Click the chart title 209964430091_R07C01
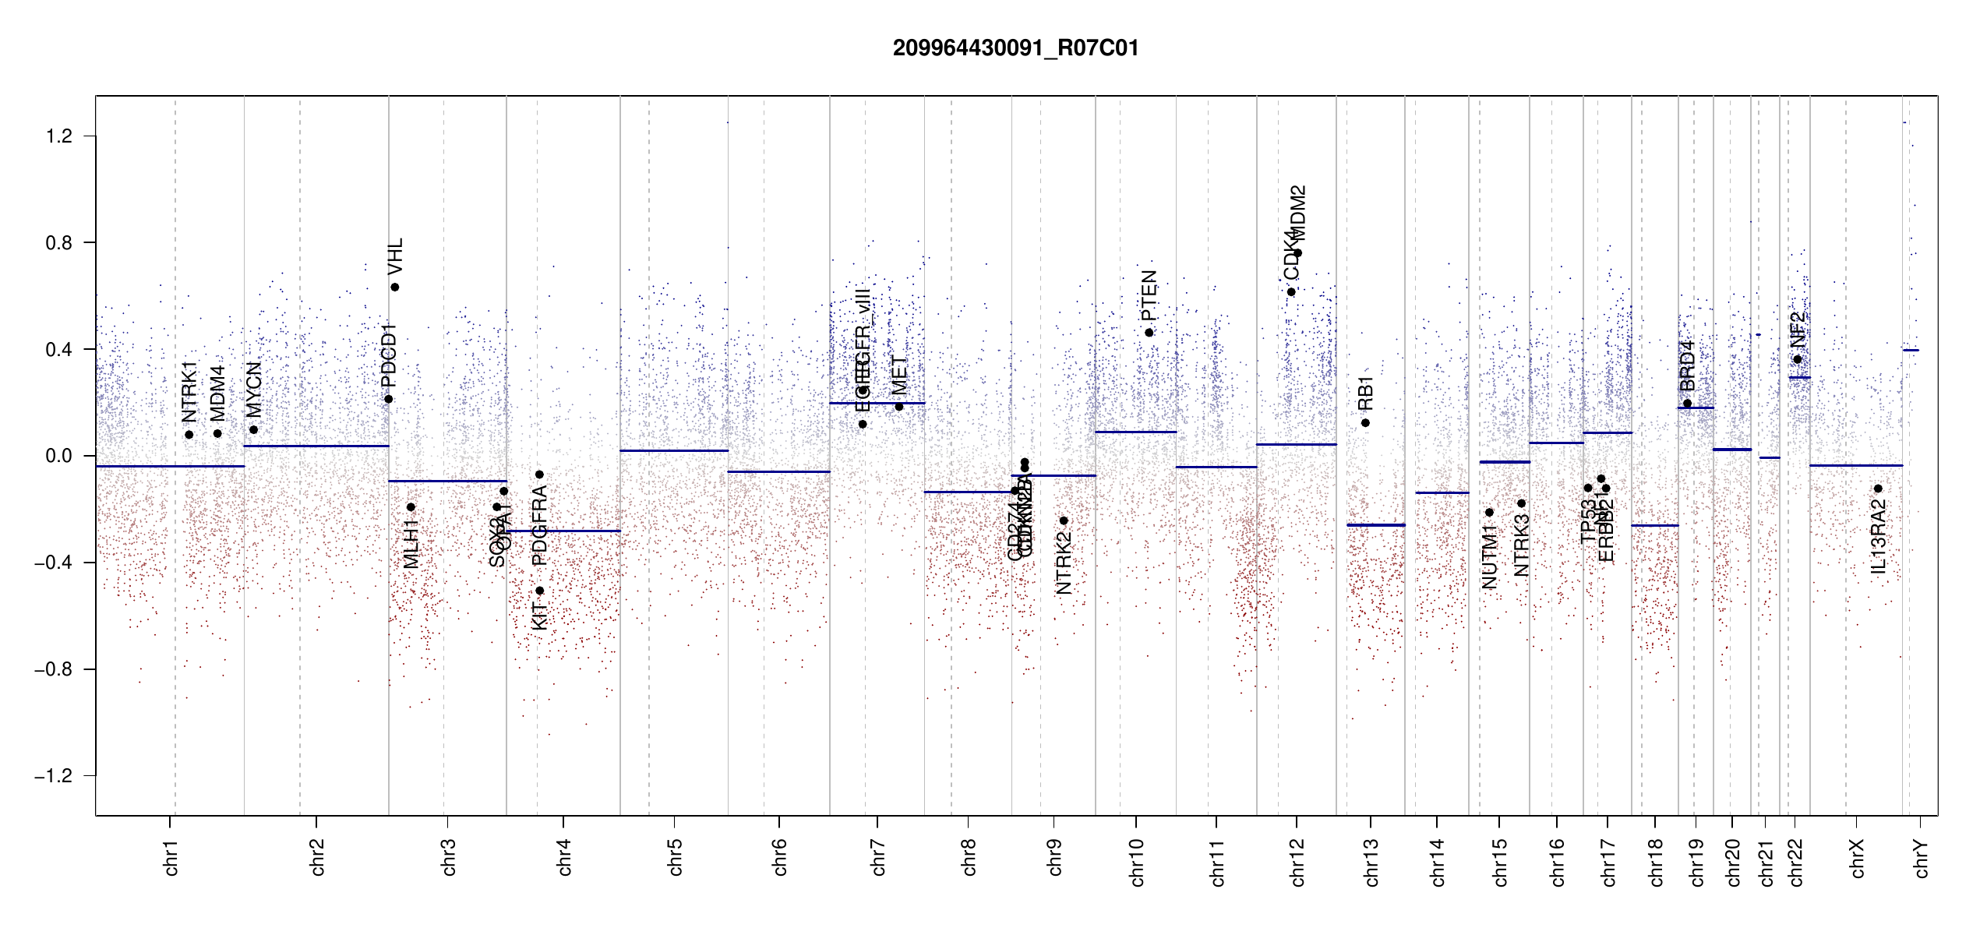click(1015, 48)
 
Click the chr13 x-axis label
click(1371, 862)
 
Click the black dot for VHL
click(395, 288)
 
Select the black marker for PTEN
click(1149, 333)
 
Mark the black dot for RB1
click(1365, 423)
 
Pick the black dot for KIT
click(539, 591)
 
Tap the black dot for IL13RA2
click(1878, 489)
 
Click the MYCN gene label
click(253, 389)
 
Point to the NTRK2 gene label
click(1064, 563)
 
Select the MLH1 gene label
click(411, 544)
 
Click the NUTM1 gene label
click(1489, 556)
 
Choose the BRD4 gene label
click(1687, 365)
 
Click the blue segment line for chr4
click(563, 531)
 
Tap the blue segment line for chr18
click(1655, 525)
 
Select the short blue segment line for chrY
click(1911, 351)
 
